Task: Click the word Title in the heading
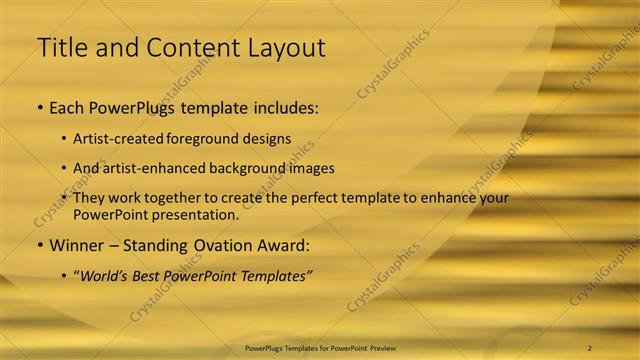[61, 47]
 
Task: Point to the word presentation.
[196, 214]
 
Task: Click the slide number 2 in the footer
[590, 348]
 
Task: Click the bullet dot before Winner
[39, 244]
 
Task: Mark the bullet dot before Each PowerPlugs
[39, 107]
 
